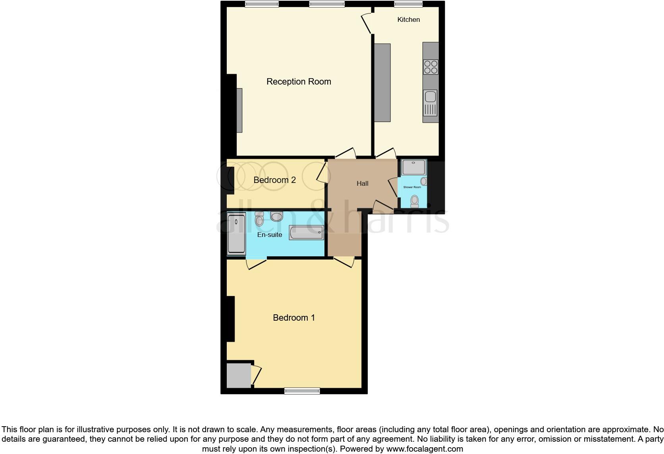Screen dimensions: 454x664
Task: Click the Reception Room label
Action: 299,82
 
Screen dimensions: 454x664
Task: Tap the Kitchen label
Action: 408,19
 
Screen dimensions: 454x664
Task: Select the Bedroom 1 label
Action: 294,318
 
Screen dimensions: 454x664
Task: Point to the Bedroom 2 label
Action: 274,180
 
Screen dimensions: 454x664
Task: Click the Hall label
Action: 362,184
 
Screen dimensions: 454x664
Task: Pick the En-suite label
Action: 270,235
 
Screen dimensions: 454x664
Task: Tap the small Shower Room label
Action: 412,187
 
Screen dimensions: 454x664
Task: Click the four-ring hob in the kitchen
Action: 431,67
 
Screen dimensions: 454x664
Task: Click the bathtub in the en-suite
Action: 306,233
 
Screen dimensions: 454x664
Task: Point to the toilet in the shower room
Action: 415,201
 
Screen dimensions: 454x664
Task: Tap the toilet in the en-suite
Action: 259,219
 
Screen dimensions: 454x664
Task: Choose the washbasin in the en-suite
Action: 276,216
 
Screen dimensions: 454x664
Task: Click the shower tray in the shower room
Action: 414,167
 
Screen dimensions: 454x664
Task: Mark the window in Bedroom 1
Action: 302,391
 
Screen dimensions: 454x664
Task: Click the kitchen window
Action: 408,4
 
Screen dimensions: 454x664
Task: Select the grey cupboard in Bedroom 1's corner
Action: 239,375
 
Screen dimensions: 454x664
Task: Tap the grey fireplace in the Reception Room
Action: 239,110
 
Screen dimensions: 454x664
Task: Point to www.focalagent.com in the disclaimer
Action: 425,449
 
